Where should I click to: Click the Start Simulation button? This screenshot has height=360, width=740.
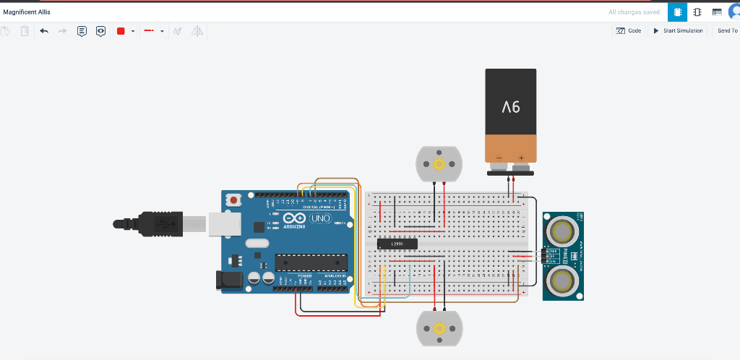coord(679,30)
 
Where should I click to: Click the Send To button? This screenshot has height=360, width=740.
coord(726,30)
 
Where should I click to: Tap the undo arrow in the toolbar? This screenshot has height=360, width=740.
coord(44,31)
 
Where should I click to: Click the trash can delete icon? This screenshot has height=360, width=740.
coord(25,31)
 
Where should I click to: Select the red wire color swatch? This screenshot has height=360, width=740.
coord(121,31)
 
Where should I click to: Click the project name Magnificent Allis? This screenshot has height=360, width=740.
coord(27,12)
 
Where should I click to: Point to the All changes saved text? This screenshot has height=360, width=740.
coord(633,12)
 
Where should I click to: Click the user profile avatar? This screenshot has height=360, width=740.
coord(734,12)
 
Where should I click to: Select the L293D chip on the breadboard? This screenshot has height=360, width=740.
coord(397,244)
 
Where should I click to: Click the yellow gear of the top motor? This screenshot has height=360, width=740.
coord(439,163)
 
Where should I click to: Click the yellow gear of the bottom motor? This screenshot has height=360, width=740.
coord(439,329)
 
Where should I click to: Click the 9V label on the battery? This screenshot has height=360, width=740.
coord(510,107)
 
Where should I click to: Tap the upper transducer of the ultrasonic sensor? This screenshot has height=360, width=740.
coord(562,231)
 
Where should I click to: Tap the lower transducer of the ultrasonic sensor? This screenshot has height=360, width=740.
coord(562,278)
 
